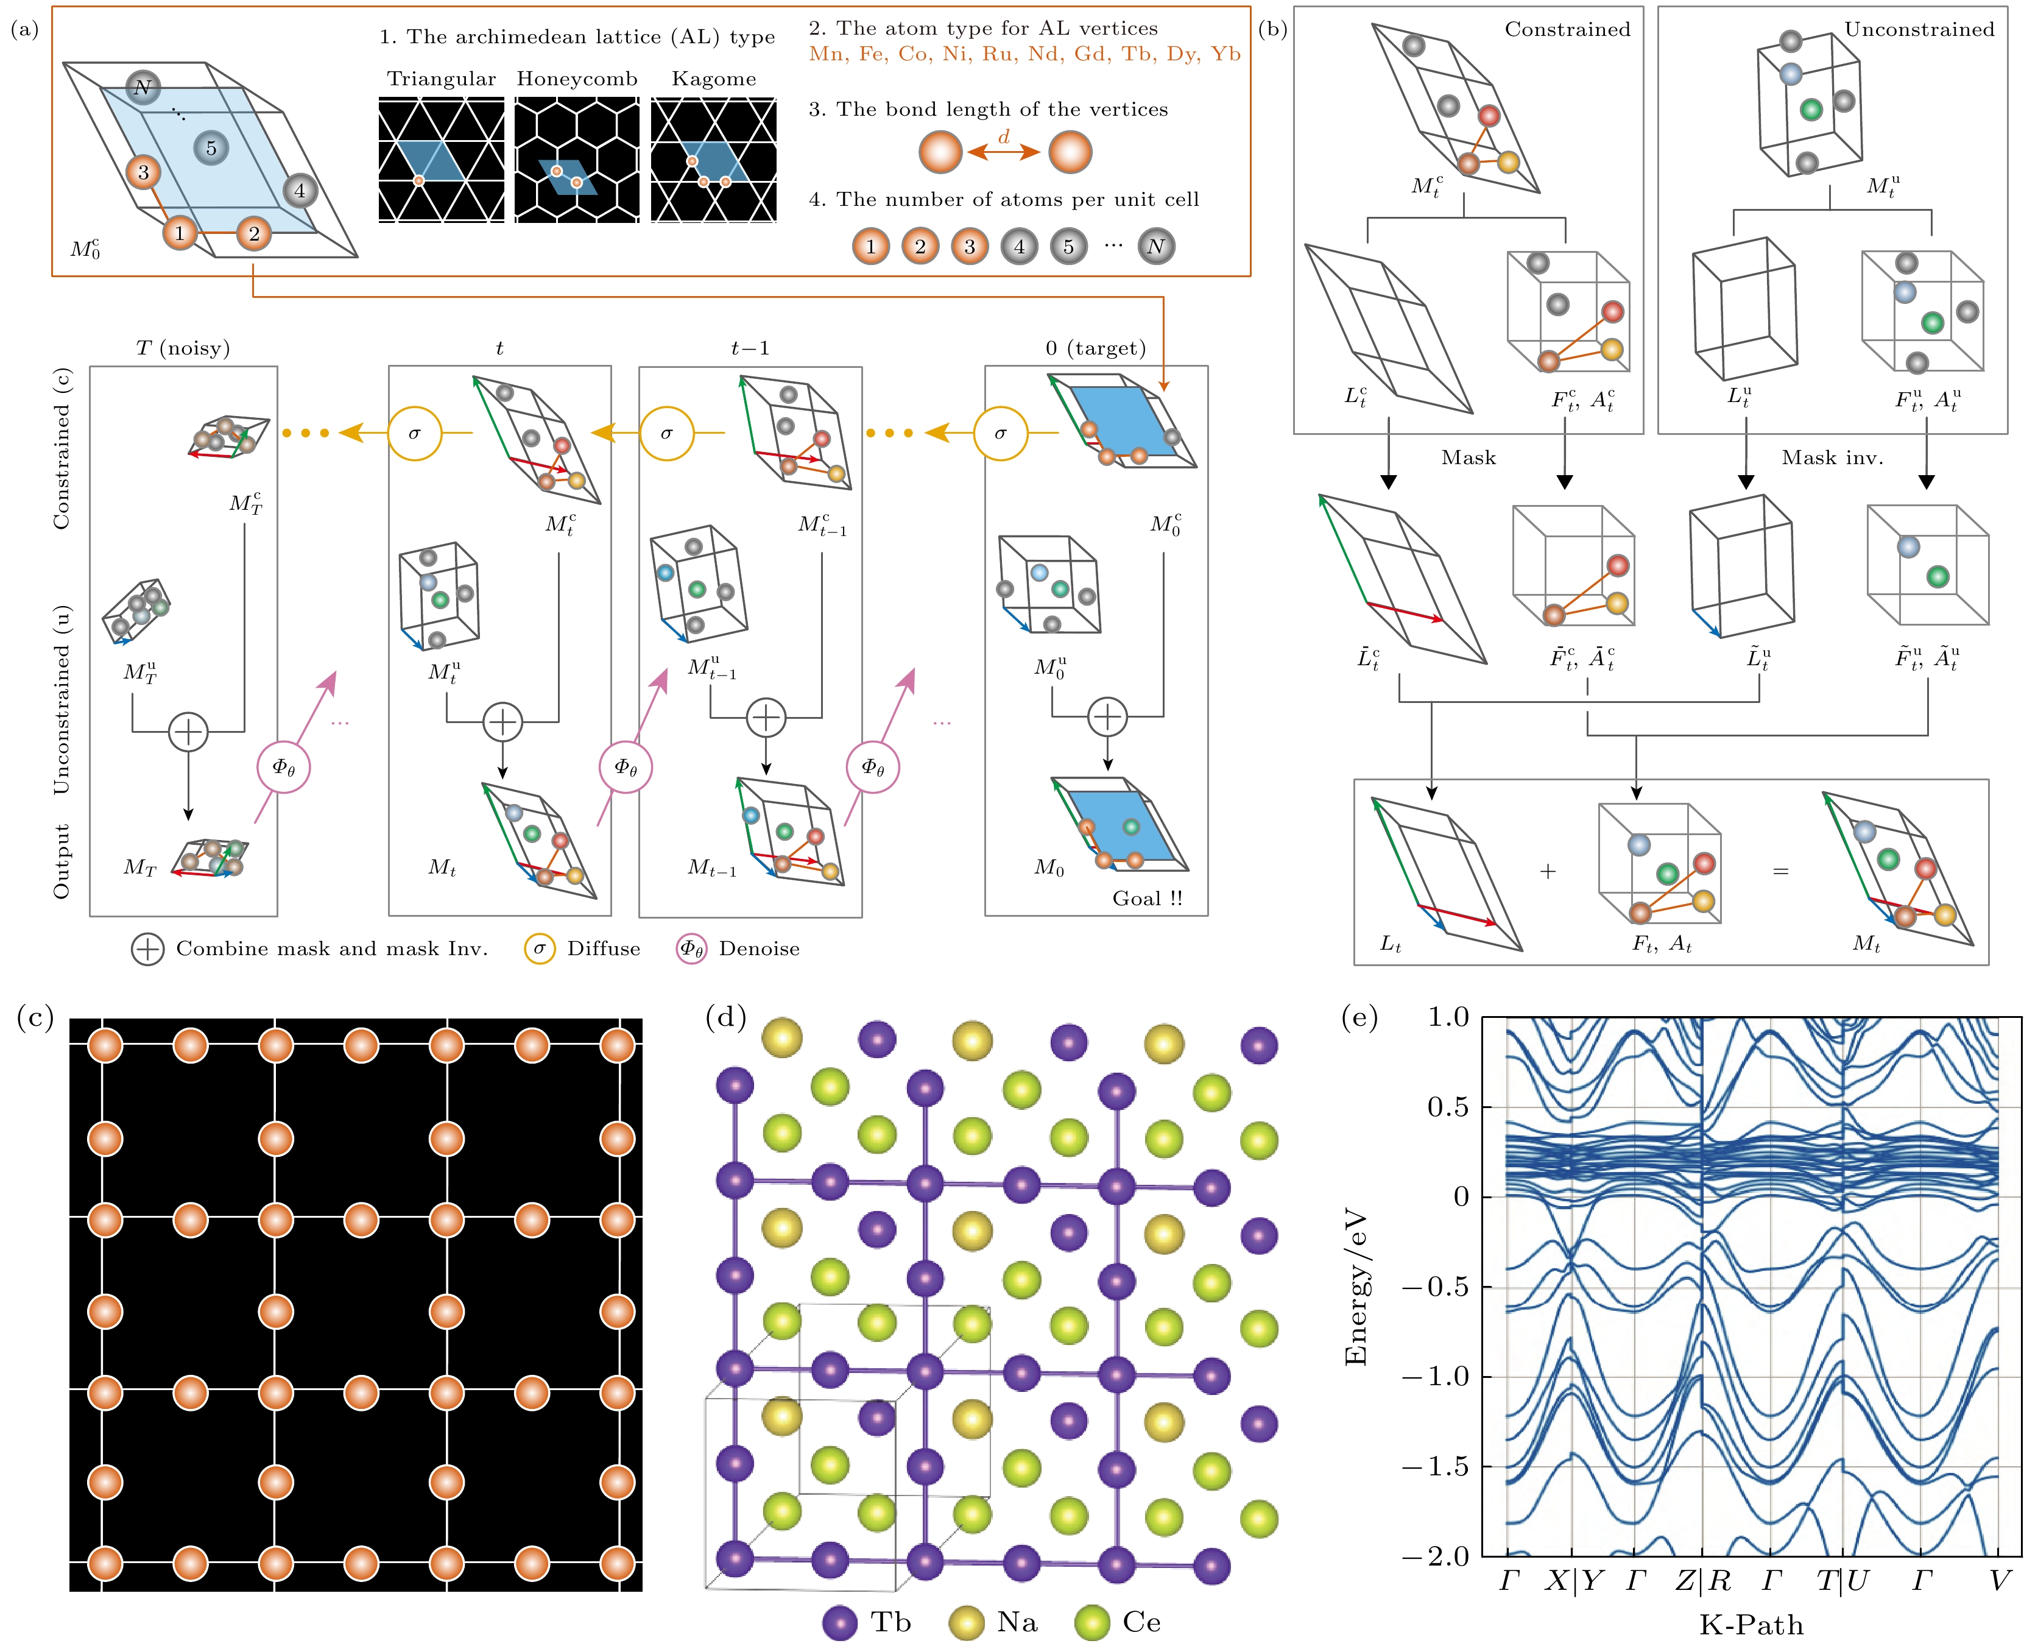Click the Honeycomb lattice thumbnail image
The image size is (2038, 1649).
point(576,161)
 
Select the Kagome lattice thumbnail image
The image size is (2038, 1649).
point(713,161)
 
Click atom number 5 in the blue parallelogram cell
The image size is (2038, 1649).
point(211,148)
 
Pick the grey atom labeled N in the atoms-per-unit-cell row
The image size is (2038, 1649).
point(1156,247)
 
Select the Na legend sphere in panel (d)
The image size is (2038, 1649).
point(967,1623)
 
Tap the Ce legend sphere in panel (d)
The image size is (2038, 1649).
point(1092,1623)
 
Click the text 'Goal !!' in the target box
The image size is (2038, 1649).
point(1147,899)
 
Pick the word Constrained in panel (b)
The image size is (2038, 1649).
point(1567,29)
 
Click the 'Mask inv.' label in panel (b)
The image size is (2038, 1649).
point(1832,458)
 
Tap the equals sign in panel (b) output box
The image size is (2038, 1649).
point(1780,871)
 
